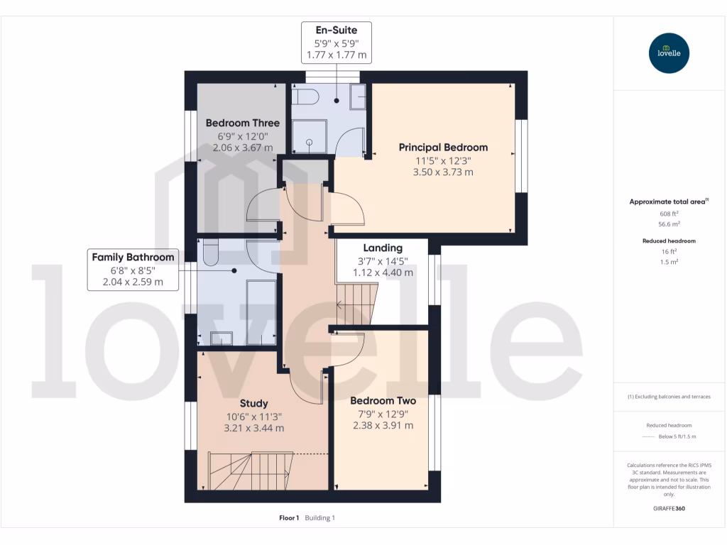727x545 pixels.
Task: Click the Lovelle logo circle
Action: pos(669,53)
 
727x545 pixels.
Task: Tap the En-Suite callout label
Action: pos(336,42)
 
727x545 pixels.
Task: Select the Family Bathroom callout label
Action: pos(133,269)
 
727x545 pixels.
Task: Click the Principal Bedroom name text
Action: pos(443,148)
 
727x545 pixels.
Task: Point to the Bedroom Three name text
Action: pos(242,123)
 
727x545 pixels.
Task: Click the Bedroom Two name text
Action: pos(383,401)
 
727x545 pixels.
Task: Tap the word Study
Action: pos(253,404)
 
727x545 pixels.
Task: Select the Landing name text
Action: pos(383,248)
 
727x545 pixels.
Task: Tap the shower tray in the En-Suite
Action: pos(310,137)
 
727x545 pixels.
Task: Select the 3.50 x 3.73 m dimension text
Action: pos(443,172)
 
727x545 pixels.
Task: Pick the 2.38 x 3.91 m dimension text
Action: pos(383,425)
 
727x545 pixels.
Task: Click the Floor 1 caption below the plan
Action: pos(289,518)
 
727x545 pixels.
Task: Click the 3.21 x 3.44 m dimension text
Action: pos(253,428)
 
